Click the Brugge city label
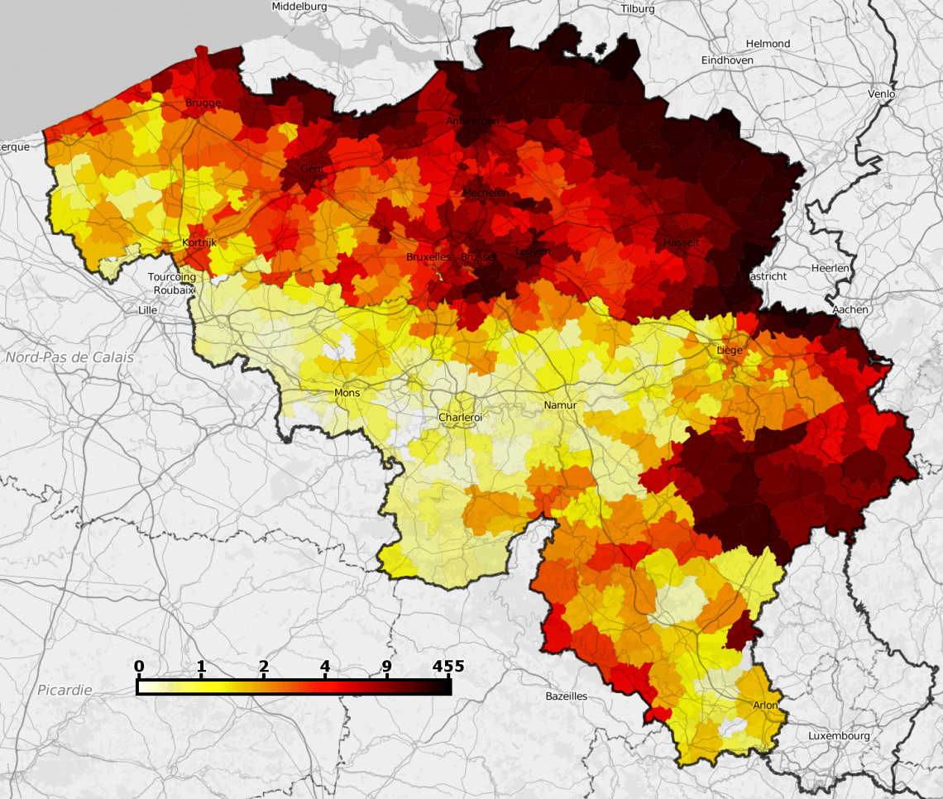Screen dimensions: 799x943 [x=203, y=103]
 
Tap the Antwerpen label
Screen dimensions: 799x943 [x=472, y=121]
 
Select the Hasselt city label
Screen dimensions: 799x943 [x=681, y=242]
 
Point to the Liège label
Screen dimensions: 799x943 [x=730, y=350]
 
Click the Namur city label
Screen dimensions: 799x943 [x=560, y=404]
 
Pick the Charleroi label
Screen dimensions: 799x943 [x=460, y=418]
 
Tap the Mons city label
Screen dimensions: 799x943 [x=347, y=393]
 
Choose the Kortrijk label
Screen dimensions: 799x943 [x=199, y=243]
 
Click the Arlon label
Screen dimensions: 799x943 [x=765, y=705]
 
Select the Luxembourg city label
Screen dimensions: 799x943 [x=839, y=735]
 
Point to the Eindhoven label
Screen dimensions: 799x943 [x=727, y=60]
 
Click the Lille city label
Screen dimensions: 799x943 [x=148, y=310]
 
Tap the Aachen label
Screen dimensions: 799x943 [x=851, y=309]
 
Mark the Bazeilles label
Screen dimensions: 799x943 [x=566, y=696]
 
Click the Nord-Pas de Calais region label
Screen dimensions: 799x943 [x=69, y=357]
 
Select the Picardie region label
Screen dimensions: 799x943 [x=65, y=689]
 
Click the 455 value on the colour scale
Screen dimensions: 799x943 [x=448, y=666]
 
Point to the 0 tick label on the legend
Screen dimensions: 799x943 [x=139, y=666]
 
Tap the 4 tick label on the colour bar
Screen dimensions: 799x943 [x=325, y=666]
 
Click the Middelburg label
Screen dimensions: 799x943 [x=299, y=6]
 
